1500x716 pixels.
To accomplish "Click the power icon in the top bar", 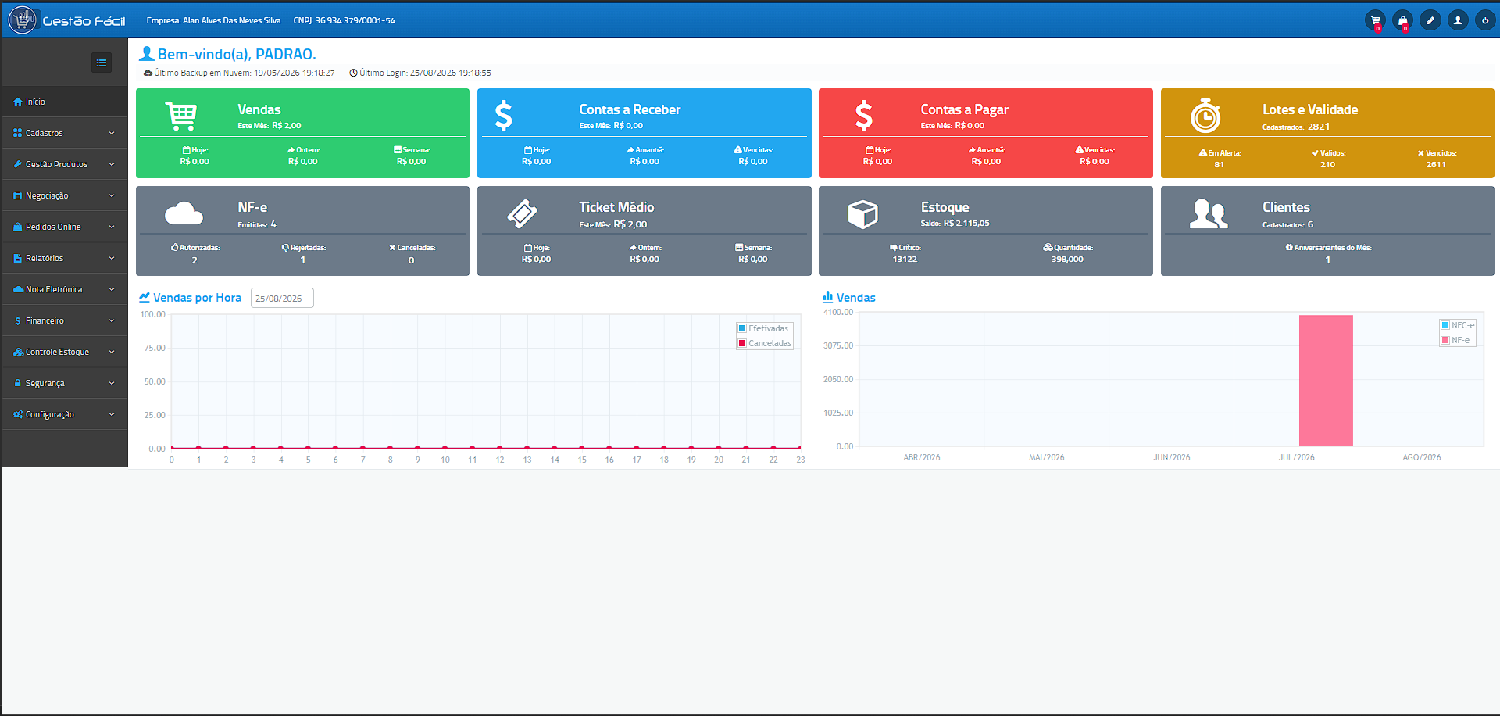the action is tap(1485, 20).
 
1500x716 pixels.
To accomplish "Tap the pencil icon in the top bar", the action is tap(1430, 20).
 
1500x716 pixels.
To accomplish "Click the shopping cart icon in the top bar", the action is tap(1376, 20).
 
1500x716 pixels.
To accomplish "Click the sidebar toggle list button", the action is tap(102, 63).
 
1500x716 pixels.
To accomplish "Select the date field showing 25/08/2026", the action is tap(282, 299).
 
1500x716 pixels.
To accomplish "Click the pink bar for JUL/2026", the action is tap(1326, 381).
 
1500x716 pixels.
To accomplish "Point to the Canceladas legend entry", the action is tap(765, 343).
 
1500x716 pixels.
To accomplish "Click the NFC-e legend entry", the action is tap(1458, 325).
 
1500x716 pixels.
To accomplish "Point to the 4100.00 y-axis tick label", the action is tap(838, 312).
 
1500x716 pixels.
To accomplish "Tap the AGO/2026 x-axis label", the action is tap(1422, 457).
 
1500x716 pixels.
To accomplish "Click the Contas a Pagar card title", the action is tap(964, 109).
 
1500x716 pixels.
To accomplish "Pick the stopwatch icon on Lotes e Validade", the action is tap(1205, 116).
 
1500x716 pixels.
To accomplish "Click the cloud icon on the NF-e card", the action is tap(184, 213).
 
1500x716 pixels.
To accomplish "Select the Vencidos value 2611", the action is tap(1436, 165).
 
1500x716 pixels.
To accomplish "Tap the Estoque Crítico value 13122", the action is tap(905, 260).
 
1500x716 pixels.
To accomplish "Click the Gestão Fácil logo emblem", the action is tap(23, 20).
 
